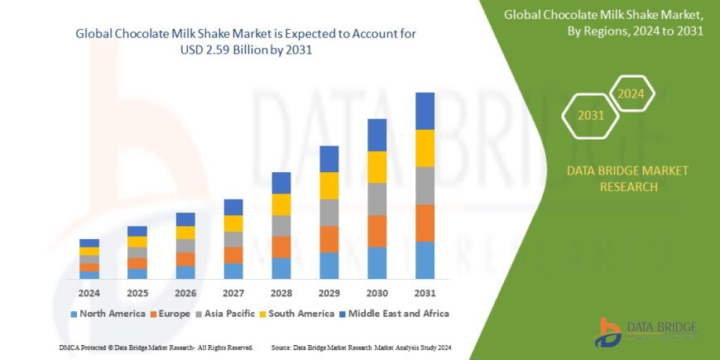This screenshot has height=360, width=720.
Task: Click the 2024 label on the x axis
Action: pyautogui.click(x=89, y=292)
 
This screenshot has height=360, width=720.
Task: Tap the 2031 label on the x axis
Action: pyautogui.click(x=425, y=292)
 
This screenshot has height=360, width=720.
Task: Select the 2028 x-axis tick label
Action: pyautogui.click(x=281, y=292)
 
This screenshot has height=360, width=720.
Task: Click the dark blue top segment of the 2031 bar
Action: pyautogui.click(x=425, y=111)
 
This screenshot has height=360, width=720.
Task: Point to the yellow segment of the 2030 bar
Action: pyautogui.click(x=377, y=167)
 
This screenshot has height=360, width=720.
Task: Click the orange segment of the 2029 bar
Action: pyautogui.click(x=329, y=239)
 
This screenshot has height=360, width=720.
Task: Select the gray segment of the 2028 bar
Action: pyautogui.click(x=281, y=226)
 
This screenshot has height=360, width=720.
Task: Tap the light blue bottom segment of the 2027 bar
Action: pyautogui.click(x=233, y=271)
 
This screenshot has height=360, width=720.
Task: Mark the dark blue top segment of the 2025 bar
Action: pyautogui.click(x=137, y=231)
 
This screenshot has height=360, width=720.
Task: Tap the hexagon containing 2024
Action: pyautogui.click(x=630, y=94)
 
